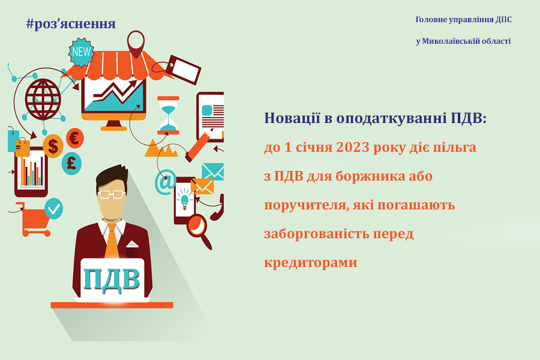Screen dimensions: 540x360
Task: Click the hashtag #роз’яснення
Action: click(71, 24)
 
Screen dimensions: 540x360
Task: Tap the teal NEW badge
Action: click(81, 52)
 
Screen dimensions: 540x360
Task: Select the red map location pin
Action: click(136, 43)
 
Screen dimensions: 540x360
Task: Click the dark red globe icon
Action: click(43, 99)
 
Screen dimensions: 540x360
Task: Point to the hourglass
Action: click(168, 115)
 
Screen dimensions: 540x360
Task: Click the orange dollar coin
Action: click(53, 146)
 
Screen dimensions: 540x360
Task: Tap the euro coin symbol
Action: click(75, 138)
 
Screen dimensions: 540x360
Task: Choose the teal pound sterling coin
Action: click(71, 164)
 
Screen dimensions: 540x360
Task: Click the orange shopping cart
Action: click(34, 220)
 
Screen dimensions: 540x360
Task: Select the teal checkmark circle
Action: click(54, 208)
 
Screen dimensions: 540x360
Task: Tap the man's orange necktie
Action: click(112, 241)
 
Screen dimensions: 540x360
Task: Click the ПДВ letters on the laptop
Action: click(111, 278)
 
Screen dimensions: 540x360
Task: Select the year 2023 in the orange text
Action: click(351, 148)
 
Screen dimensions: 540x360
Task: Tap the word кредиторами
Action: click(311, 263)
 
